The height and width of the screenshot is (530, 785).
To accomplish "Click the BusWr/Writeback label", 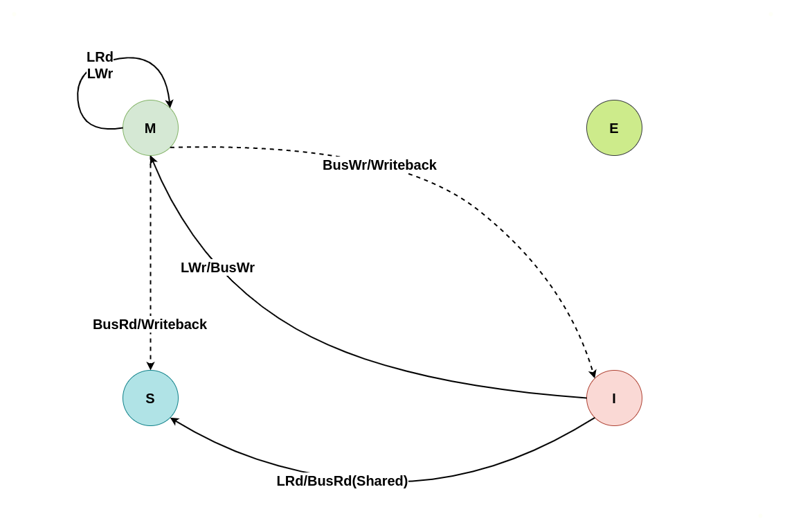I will pyautogui.click(x=379, y=165).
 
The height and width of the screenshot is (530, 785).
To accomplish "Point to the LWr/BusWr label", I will pyautogui.click(x=217, y=267).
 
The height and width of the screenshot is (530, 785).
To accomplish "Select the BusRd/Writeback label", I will pyautogui.click(x=150, y=324).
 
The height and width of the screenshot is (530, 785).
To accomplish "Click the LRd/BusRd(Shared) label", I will pyautogui.click(x=342, y=481).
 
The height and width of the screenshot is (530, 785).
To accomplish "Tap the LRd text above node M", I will pyautogui.click(x=100, y=57).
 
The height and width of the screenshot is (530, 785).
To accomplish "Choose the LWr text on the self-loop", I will pyautogui.click(x=100, y=73).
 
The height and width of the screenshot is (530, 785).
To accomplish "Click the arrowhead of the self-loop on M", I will pyautogui.click(x=170, y=104).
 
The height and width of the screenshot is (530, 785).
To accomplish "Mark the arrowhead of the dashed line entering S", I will pyautogui.click(x=150, y=366).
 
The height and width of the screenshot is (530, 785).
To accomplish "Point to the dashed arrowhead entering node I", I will pyautogui.click(x=593, y=373).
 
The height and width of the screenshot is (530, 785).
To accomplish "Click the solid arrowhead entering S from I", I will pyautogui.click(x=174, y=420).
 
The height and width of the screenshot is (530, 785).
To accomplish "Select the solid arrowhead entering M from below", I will pyautogui.click(x=153, y=159).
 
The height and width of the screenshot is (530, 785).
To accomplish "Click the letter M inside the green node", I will pyautogui.click(x=150, y=128).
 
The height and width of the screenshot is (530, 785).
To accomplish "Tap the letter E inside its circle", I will pyautogui.click(x=614, y=128).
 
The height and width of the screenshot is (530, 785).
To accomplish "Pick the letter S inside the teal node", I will pyautogui.click(x=150, y=398).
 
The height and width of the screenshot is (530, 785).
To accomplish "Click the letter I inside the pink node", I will pyautogui.click(x=614, y=398).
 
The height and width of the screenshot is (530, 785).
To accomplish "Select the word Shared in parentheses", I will pyautogui.click(x=379, y=481).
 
